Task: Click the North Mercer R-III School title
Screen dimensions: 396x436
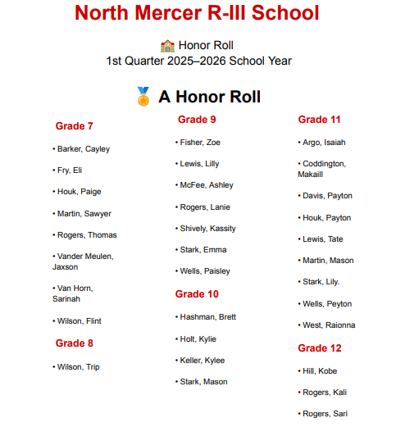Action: (x=197, y=14)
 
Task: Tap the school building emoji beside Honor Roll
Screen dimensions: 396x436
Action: (x=167, y=46)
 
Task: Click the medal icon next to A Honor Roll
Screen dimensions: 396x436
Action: (x=143, y=97)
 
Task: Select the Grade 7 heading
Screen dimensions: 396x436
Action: (x=74, y=126)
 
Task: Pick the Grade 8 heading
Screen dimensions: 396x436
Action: (x=74, y=343)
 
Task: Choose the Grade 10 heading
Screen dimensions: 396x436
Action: (x=198, y=294)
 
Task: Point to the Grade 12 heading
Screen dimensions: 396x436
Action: (x=319, y=348)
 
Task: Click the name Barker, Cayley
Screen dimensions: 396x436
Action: (x=83, y=149)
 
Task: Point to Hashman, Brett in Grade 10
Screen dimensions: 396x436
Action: (x=207, y=316)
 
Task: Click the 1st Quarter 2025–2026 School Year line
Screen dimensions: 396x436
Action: (x=198, y=61)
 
